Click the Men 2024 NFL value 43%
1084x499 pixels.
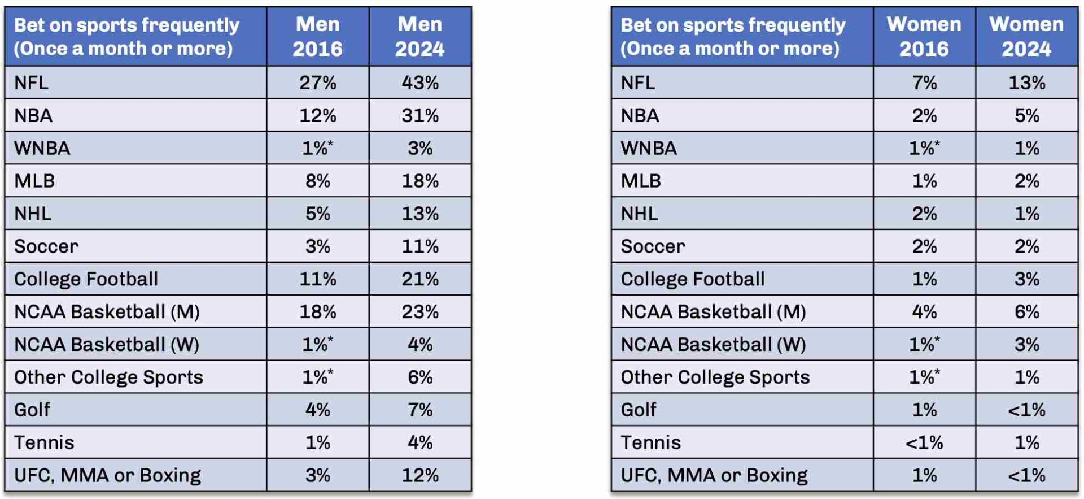(420, 83)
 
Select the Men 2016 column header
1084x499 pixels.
(317, 37)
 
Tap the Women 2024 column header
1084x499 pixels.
(1026, 37)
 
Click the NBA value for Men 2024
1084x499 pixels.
(420, 116)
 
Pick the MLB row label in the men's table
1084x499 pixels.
(34, 181)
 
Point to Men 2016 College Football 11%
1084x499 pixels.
(317, 279)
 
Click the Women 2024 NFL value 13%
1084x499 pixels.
(1026, 83)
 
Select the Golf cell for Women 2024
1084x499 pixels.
(1026, 410)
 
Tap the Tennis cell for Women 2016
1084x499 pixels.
(924, 442)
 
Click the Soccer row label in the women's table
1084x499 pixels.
(653, 246)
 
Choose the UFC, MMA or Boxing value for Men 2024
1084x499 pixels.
(420, 475)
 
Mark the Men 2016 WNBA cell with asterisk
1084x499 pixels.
(317, 148)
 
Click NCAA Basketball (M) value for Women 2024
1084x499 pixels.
(1026, 312)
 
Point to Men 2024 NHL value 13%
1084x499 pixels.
(420, 214)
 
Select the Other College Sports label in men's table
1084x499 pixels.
(108, 377)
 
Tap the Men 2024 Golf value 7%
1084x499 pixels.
(420, 410)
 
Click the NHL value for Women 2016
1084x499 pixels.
(924, 214)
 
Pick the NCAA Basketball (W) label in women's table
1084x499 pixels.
(713, 345)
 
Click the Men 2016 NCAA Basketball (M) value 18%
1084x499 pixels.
(317, 312)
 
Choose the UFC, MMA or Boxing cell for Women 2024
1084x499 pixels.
(1026, 475)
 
